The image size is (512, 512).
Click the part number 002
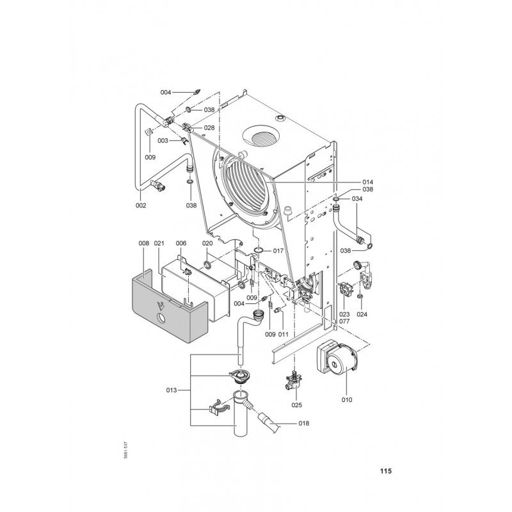(x=141, y=205)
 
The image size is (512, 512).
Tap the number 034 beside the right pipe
(x=357, y=198)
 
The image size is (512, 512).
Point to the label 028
(x=209, y=128)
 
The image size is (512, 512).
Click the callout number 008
(x=143, y=243)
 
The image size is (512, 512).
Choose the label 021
(x=159, y=243)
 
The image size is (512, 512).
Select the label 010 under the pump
(x=347, y=400)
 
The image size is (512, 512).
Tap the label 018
(x=303, y=423)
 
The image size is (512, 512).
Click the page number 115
(x=385, y=472)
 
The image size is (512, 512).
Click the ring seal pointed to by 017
(x=259, y=249)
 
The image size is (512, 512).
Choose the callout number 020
(x=207, y=243)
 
